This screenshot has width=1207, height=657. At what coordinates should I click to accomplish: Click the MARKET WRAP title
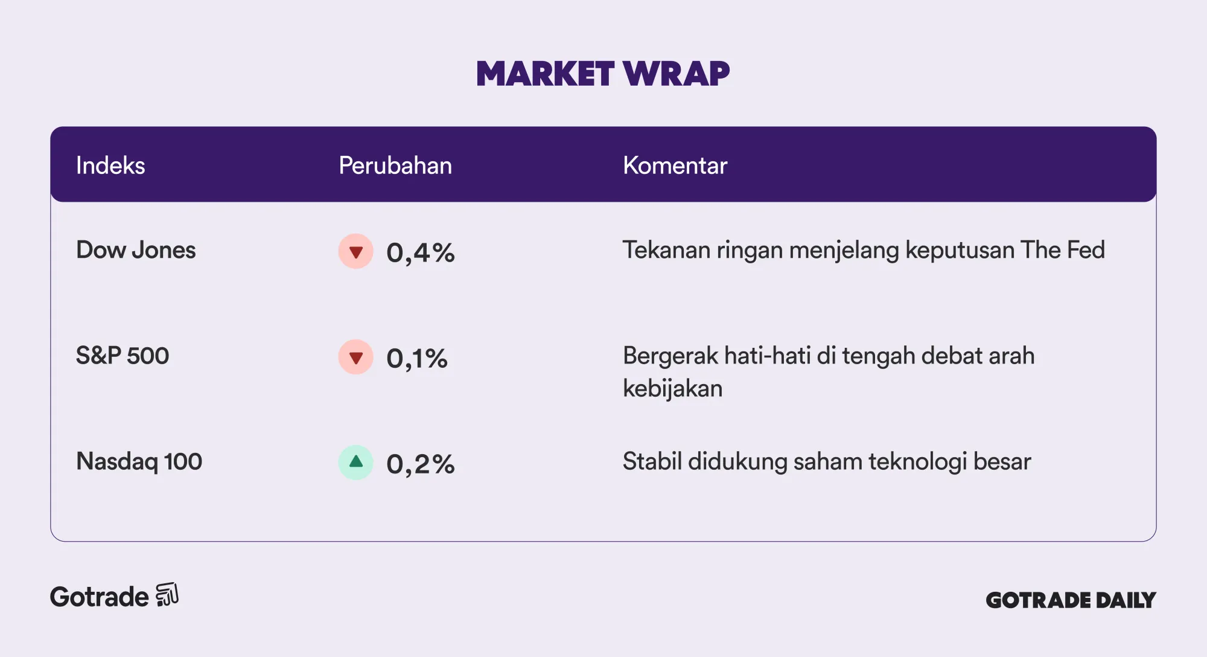603,74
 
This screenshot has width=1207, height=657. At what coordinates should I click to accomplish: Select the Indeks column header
110,165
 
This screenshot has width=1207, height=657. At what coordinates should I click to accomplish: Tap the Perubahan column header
395,165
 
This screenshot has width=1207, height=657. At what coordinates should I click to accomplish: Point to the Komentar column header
675,165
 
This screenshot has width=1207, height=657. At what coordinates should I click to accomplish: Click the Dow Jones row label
136,250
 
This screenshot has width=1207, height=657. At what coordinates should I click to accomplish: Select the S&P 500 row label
123,356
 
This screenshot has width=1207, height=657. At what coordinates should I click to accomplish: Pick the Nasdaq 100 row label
139,461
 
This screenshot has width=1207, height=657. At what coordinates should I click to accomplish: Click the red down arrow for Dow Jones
356,251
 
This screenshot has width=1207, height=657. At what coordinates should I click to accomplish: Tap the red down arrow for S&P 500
356,357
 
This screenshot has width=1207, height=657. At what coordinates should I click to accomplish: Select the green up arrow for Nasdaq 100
356,463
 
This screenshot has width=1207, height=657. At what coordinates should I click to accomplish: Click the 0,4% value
421,252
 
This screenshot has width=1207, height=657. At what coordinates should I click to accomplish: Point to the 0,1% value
417,358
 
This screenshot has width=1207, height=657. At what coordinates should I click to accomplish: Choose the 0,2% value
421,464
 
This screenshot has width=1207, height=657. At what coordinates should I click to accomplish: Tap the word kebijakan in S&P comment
672,388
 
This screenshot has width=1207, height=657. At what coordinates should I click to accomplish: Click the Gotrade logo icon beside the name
167,595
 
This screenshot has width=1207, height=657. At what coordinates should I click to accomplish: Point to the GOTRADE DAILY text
1071,600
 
